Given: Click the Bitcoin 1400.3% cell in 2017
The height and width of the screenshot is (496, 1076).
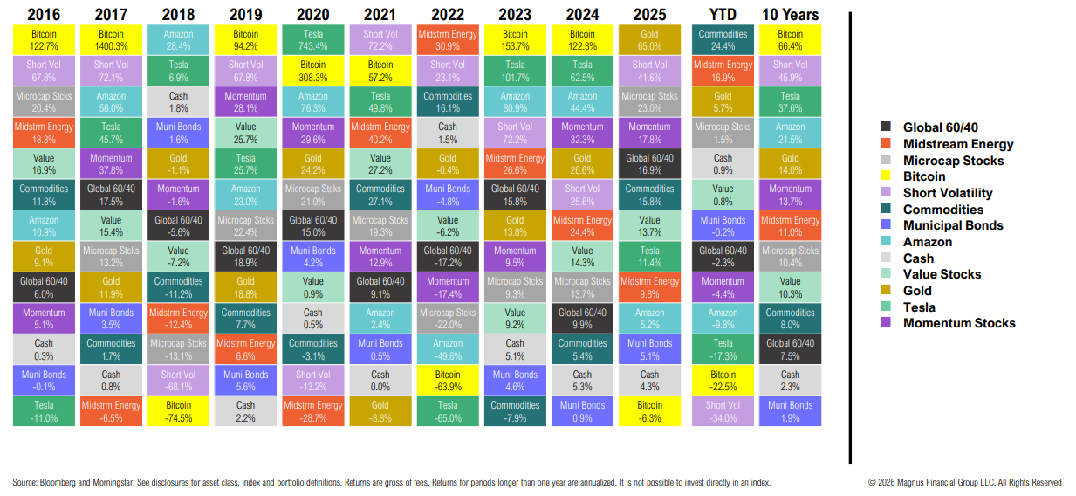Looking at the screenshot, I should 111,39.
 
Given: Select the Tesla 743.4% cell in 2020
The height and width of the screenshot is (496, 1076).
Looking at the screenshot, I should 312,39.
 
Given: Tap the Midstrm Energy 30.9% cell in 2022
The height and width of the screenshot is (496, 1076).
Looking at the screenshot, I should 447,39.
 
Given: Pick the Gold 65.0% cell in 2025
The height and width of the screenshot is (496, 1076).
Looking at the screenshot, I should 649,39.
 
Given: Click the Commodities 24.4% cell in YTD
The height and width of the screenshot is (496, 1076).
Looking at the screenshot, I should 723,39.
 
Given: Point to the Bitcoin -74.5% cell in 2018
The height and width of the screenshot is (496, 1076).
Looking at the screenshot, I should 178,410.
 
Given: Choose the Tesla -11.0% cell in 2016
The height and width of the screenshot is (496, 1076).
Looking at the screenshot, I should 44,410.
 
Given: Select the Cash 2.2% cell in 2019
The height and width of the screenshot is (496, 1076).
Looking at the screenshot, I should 245,410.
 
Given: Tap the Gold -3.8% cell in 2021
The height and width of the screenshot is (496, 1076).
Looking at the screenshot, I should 380,410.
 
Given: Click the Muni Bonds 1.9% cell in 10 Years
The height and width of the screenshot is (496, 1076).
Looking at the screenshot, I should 790,410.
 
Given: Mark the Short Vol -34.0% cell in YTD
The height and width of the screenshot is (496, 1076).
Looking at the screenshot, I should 723,410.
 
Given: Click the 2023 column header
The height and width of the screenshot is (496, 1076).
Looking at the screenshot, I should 514,14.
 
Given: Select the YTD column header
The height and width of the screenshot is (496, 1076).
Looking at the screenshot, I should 723,14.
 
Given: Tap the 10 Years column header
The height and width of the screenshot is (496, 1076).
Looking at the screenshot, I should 790,14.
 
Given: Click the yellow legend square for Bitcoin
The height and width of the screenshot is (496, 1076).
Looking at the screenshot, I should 887,177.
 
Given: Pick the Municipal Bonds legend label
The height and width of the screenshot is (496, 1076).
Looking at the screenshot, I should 953,225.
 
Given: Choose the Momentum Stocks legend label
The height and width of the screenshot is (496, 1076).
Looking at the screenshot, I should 959,323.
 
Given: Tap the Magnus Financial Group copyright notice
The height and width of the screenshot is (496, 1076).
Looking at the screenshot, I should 964,482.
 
